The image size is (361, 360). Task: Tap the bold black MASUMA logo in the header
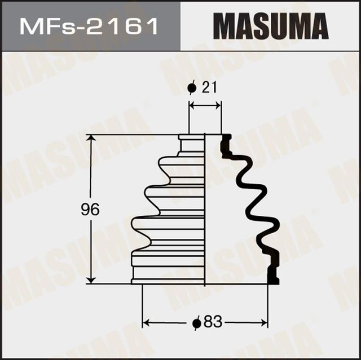(270, 26)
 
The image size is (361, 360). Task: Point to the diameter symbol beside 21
(192, 87)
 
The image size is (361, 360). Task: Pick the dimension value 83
(212, 323)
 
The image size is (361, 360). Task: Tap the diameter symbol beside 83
(196, 323)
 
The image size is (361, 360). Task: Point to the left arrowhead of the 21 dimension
(192, 105)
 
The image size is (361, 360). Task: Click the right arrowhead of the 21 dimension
(218, 105)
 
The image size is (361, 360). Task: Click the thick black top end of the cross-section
(226, 145)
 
